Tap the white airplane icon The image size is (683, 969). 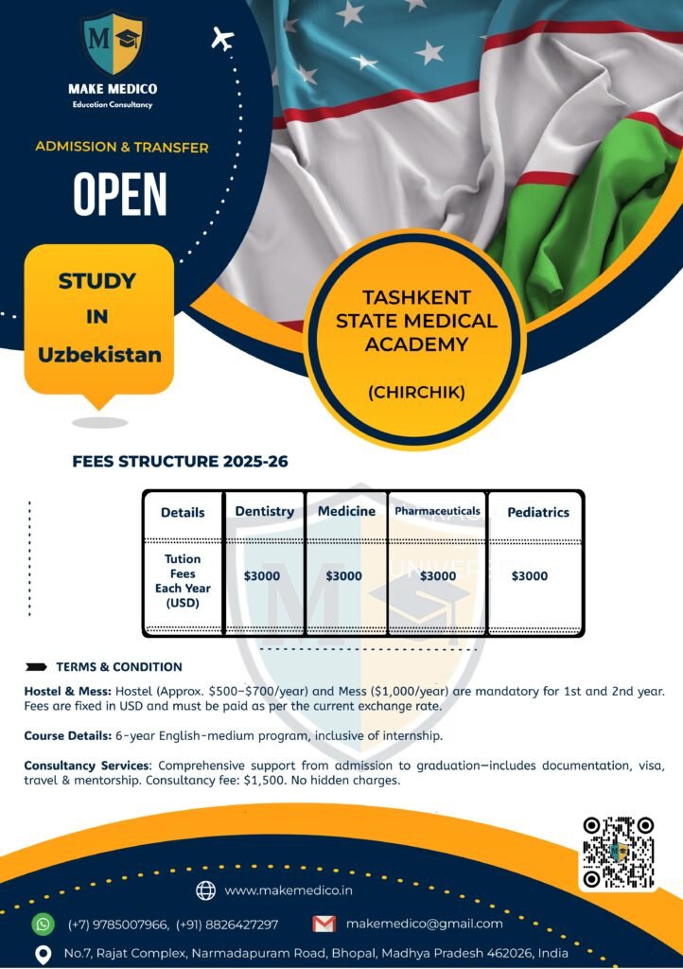tap(223, 39)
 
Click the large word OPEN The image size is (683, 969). tap(120, 195)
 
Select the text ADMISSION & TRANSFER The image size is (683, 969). tap(122, 147)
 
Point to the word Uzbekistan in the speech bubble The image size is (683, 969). tap(99, 355)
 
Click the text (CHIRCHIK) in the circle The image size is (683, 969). tap(416, 391)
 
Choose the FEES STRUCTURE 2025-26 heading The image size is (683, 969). tap(180, 462)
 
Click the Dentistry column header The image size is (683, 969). tap(264, 512)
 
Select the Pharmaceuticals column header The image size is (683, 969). tap(437, 511)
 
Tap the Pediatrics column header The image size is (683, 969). tap(538, 512)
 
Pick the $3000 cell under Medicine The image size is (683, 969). tap(343, 575)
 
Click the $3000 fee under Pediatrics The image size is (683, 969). tap(529, 575)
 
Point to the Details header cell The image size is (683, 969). tap(183, 513)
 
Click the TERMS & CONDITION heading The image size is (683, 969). tap(119, 666)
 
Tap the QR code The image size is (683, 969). tap(619, 851)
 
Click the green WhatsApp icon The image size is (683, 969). tap(44, 924)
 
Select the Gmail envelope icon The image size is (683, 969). tap(324, 924)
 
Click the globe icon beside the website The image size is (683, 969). tap(205, 890)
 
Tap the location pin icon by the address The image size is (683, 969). tap(43, 954)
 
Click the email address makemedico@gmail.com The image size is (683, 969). tap(425, 924)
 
